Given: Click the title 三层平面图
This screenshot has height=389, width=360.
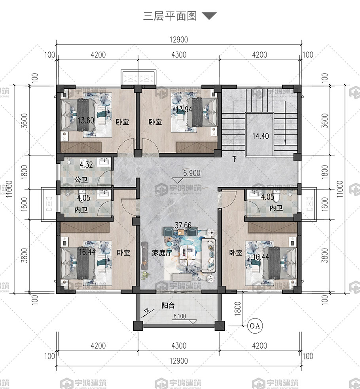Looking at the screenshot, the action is coord(170,16).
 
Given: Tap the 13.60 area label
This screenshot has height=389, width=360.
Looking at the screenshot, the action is coord(86,121).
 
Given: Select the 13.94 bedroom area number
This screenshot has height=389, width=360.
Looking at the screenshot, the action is coord(184,109).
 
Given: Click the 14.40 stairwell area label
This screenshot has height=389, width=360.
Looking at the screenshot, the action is coord(261,136).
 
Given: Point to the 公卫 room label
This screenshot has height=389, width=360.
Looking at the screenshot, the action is coord(81,179).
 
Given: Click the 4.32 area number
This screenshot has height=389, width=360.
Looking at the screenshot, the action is coord(86,165).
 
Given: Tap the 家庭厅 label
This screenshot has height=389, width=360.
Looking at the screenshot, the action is coord(162,253).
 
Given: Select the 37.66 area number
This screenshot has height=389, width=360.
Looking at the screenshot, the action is coord(183,225).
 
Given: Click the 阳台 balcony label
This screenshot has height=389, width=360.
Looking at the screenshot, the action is coord(168,306).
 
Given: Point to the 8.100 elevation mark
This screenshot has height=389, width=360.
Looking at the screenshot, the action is coord(180,316).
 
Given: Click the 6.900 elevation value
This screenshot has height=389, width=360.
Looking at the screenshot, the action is coord(191,173).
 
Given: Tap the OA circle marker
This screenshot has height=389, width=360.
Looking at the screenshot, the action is coord(255,326).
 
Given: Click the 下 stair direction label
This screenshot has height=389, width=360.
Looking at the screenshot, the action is coord(235,159).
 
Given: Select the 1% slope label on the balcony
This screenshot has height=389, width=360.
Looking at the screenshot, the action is coord(146,311).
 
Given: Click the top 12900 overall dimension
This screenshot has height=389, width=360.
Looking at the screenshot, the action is coord(179,40).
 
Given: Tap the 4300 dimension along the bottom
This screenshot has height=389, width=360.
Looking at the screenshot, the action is coord(179,345).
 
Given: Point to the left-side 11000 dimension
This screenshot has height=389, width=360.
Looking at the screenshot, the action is coord(9,189).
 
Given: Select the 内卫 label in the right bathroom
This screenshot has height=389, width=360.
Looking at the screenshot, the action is coord(276,208).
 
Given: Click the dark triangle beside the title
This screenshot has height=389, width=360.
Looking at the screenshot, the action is coord(209,15).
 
